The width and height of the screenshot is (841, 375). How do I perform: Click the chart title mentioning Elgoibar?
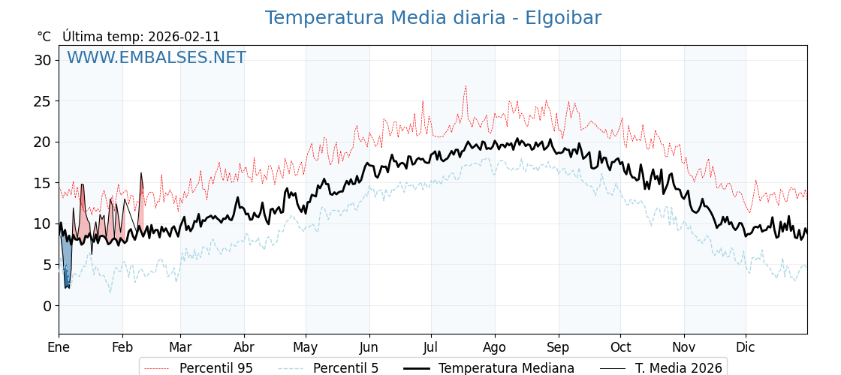coord(433,18)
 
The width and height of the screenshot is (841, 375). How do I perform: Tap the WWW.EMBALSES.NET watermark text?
coord(156,58)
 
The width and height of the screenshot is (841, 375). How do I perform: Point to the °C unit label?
coord(44,37)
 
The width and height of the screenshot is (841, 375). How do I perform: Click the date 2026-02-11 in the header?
coord(184,37)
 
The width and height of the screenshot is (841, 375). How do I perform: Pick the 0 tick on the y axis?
coord(47,306)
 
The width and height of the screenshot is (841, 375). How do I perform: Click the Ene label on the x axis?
coord(59,347)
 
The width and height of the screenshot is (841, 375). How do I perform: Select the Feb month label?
coord(122,347)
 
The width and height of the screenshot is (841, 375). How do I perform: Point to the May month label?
coord(306,347)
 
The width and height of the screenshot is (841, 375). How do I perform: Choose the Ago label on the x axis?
coord(495,347)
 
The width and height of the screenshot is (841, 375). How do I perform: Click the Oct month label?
coord(620,347)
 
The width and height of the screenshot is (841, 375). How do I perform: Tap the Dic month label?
coord(746,347)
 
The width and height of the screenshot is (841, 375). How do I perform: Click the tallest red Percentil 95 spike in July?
coord(466,87)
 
